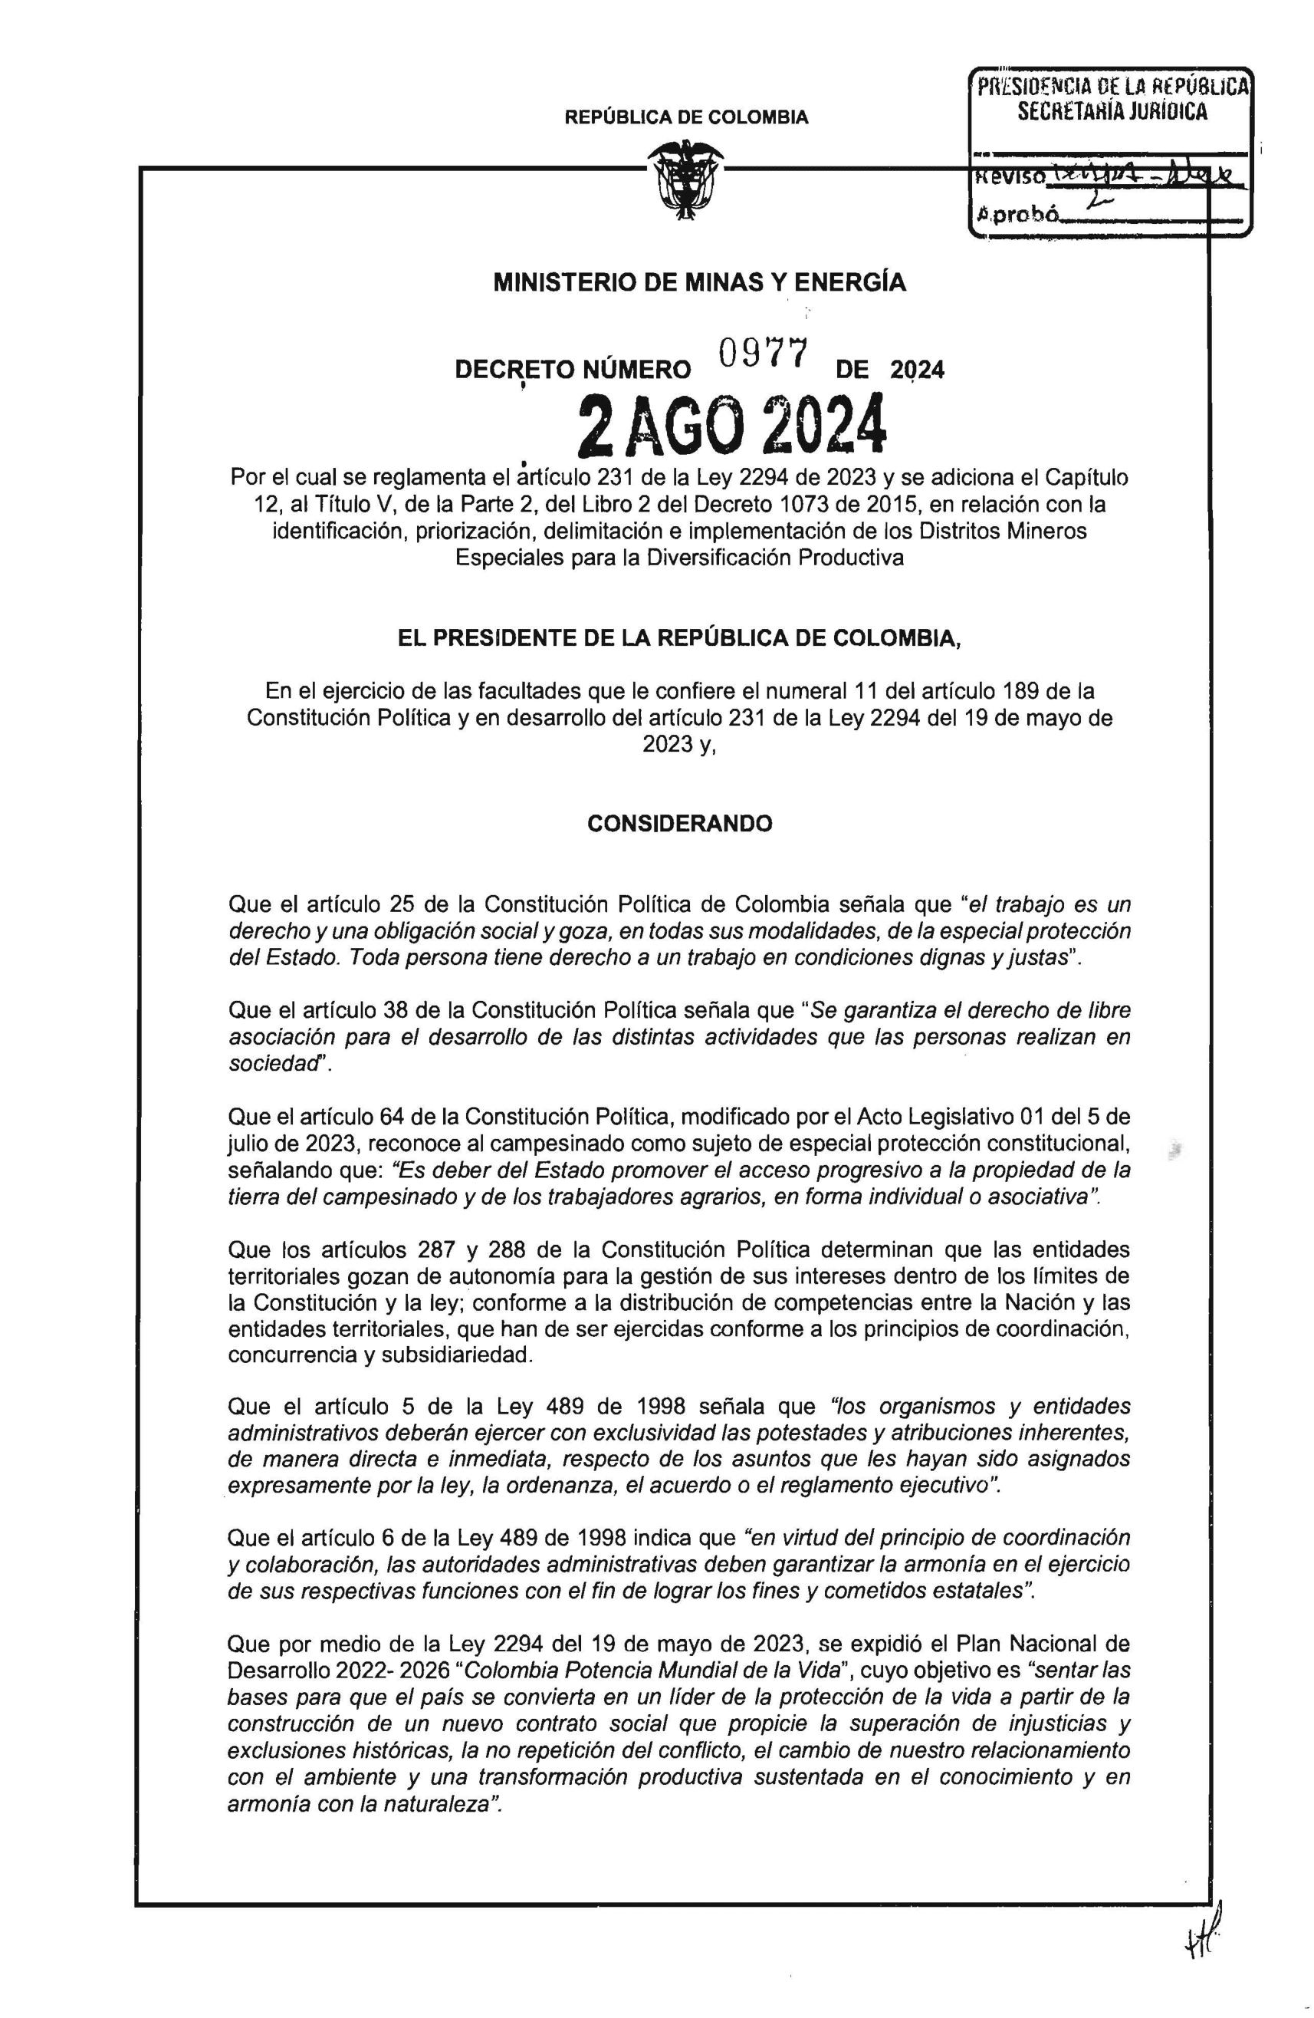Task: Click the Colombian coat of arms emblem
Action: [684, 182]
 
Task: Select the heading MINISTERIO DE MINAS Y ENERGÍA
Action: [699, 282]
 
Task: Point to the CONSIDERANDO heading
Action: [679, 823]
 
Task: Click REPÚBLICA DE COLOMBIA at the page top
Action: [686, 118]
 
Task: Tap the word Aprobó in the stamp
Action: [1017, 216]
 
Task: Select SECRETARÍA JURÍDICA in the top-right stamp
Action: [1112, 111]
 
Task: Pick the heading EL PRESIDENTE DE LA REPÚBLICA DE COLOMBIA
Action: [679, 640]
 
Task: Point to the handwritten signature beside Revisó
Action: [1145, 178]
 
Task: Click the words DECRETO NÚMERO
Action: [573, 370]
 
